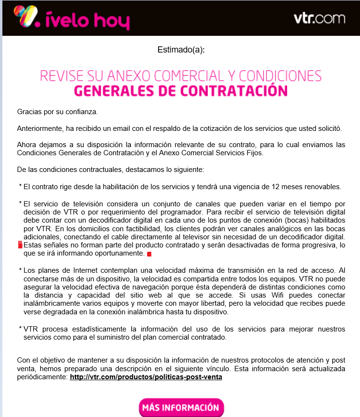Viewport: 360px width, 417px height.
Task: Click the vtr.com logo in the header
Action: coord(319,19)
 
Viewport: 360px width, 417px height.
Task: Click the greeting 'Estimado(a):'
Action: coord(181,50)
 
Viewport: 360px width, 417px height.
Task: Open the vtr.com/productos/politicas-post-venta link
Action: coord(146,377)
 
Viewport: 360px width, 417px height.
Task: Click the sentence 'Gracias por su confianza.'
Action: coord(57,112)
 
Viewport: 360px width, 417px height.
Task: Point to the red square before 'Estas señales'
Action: coord(20,245)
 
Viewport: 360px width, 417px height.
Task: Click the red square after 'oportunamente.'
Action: coord(149,254)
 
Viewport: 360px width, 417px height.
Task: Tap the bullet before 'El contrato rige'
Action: coord(21,185)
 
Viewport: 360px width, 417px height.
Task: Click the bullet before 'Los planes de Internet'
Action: coord(21,270)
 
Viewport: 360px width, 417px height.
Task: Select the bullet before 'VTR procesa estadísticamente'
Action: coord(21,328)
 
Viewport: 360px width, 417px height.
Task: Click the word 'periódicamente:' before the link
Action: coord(42,377)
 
